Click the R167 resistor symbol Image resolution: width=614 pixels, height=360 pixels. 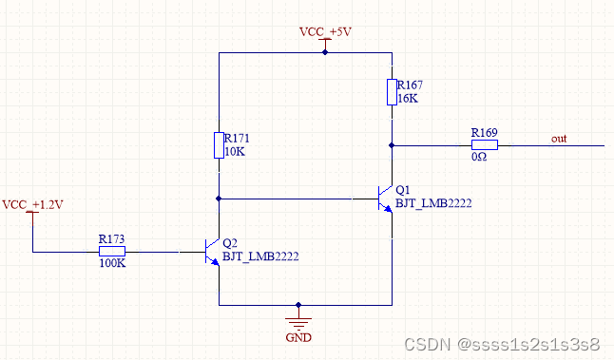click(392, 92)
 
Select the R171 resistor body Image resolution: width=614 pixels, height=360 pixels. click(219, 145)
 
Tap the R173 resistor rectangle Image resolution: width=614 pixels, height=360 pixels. click(112, 252)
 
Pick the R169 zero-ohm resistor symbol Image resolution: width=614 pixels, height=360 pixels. click(485, 145)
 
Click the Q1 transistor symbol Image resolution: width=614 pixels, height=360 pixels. click(385, 199)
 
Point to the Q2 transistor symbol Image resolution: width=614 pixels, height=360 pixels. click(212, 252)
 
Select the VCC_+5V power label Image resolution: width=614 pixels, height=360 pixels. click(325, 31)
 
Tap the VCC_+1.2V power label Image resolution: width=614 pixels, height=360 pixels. click(32, 204)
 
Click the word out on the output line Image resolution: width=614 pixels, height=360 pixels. click(559, 139)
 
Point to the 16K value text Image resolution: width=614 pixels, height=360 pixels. click(408, 99)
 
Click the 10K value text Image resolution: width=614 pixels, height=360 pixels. click(235, 152)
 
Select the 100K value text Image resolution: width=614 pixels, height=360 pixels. click(112, 263)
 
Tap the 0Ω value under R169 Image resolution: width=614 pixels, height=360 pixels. click(479, 157)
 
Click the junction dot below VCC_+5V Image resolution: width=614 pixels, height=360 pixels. click(325, 52)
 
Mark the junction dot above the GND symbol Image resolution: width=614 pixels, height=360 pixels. click(298, 305)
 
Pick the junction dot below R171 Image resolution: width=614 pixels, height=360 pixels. click(219, 199)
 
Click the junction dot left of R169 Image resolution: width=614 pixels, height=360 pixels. click(392, 145)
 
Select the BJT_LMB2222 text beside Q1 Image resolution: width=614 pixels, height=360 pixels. click(433, 203)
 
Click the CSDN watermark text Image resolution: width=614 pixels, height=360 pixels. click(502, 345)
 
